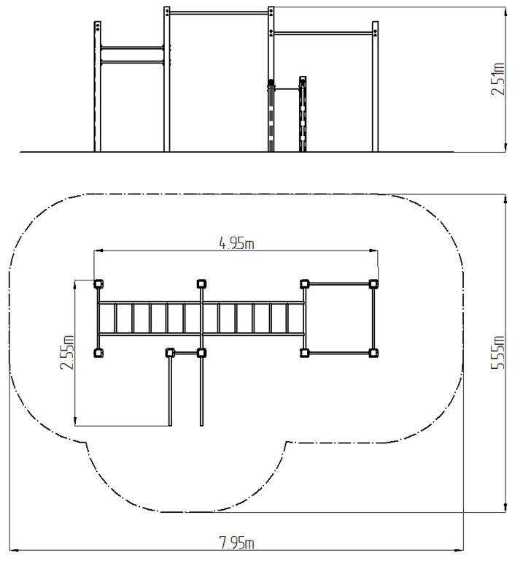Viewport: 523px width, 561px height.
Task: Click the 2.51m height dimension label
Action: [497, 79]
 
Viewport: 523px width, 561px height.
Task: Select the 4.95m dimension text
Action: [236, 243]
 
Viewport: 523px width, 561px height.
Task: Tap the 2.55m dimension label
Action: [67, 352]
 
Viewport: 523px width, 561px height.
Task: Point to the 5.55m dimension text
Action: [497, 352]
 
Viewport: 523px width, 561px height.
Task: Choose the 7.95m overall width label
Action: [236, 543]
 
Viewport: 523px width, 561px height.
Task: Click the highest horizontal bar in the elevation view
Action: [219, 13]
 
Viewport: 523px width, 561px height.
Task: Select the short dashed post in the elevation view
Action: [303, 114]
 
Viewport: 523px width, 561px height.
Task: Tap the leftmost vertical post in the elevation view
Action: [98, 87]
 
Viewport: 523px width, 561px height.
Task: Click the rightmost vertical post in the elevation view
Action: [375, 87]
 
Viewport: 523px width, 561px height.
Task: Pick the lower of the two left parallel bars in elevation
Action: [132, 63]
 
